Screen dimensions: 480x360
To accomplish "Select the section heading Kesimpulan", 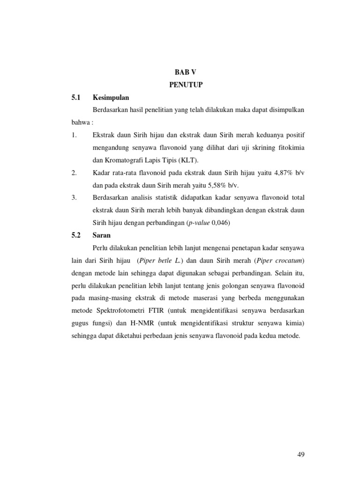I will (111, 97).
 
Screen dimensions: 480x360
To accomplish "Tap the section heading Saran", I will (102, 235).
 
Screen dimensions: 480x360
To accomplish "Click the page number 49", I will (300, 454).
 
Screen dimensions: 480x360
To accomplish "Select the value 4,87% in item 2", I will (281, 173).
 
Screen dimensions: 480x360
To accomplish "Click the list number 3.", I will (74, 198).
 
